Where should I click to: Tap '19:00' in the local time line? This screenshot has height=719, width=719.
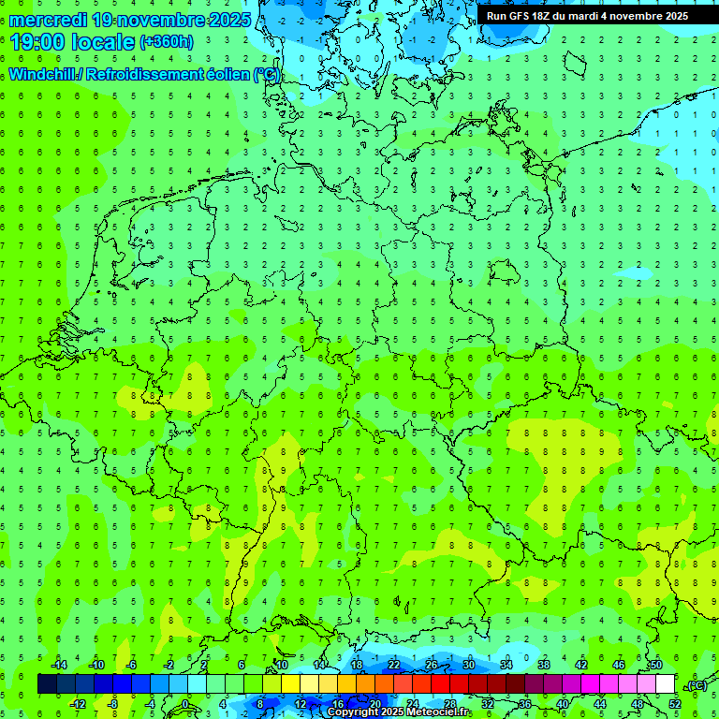[37, 43]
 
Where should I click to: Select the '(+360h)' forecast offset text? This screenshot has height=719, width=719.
[166, 41]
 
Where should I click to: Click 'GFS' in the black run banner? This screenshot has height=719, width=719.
[520, 16]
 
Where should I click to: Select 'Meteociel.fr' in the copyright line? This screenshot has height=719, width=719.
[436, 712]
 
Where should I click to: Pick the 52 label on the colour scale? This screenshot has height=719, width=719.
[675, 704]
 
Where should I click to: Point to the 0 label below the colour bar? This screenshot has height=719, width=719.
[186, 704]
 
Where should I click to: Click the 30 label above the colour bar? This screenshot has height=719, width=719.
[468, 665]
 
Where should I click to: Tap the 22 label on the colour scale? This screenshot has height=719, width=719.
[394, 665]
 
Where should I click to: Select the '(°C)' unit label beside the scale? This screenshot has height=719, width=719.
[697, 685]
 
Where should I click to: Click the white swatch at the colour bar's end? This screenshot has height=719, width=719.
[666, 684]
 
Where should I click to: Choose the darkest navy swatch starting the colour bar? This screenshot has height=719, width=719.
[47, 684]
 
